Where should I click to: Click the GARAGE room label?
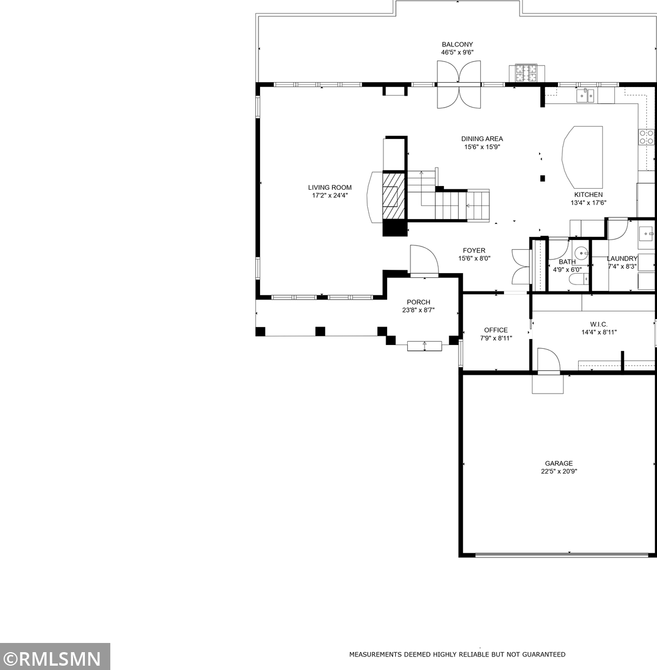click(559, 463)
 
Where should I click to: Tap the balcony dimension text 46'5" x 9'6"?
click(457, 52)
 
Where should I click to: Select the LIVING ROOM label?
click(330, 188)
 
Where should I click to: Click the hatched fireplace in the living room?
click(393, 196)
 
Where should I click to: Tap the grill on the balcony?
click(526, 73)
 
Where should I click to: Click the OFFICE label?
click(496, 330)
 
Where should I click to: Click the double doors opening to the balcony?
click(459, 84)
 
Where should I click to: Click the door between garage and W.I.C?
click(548, 361)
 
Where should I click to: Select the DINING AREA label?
click(482, 139)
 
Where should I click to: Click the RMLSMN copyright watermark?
click(54, 658)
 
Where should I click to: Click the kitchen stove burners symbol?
click(645, 137)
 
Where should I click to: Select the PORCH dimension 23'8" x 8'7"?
click(418, 310)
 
